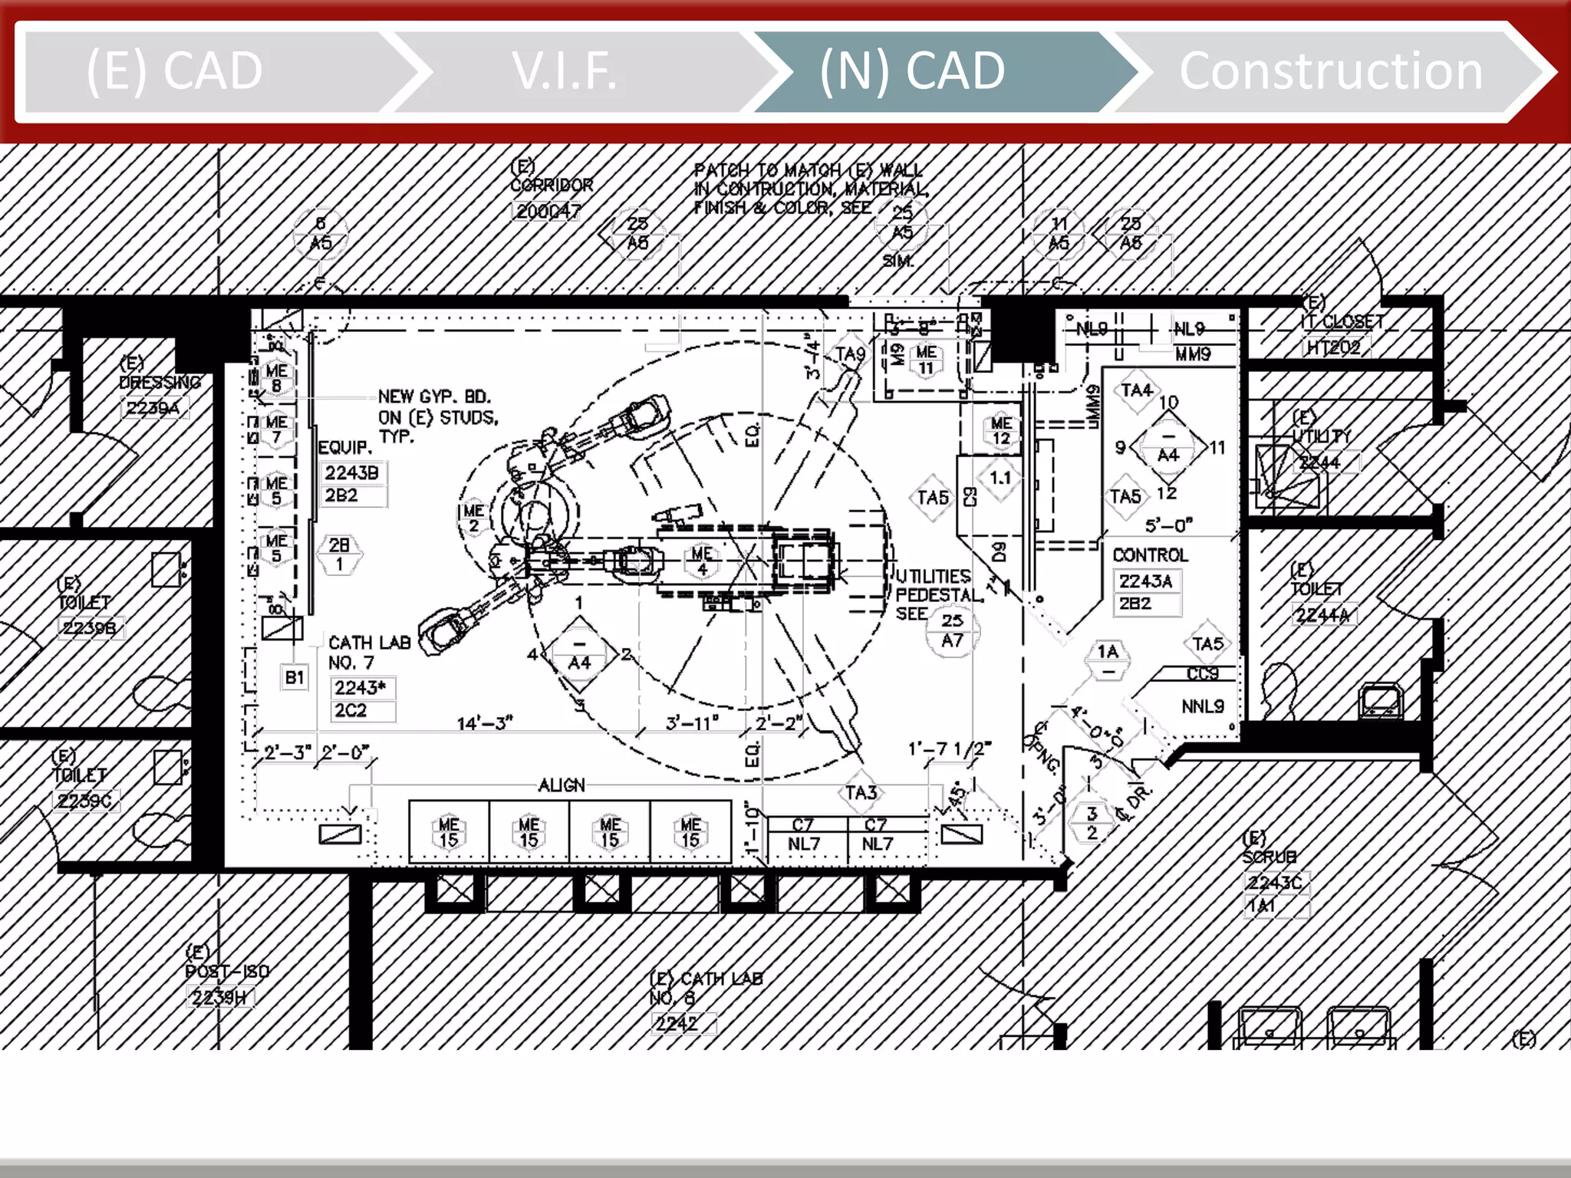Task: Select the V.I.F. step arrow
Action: (x=565, y=71)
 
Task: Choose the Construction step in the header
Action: (x=1331, y=71)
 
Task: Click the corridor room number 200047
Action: (x=547, y=211)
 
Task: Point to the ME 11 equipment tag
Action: (x=926, y=360)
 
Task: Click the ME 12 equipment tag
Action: (x=1001, y=430)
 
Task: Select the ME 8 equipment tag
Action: (x=276, y=377)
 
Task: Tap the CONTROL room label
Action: (x=1150, y=554)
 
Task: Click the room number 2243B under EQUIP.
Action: (x=352, y=472)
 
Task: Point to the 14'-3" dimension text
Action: (x=485, y=723)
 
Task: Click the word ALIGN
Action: (x=562, y=785)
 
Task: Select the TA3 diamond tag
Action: (x=861, y=792)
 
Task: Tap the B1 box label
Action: (x=295, y=677)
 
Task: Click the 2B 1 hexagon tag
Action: (x=339, y=554)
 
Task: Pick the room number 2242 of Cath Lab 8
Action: (x=677, y=1023)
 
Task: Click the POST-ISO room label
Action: (x=227, y=971)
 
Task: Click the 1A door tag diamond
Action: (x=1108, y=660)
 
